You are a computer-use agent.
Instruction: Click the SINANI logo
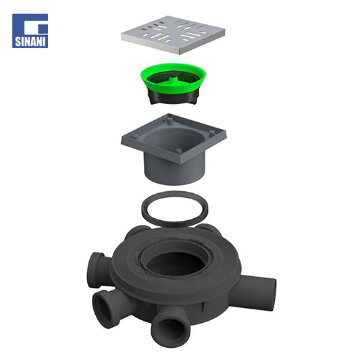[x=30, y=31]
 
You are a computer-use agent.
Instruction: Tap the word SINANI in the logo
[x=30, y=42]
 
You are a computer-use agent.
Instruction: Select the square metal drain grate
[x=173, y=34]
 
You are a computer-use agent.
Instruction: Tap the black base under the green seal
[x=173, y=97]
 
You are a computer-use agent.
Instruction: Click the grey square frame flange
[x=174, y=138]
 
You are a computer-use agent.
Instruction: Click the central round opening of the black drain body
[x=175, y=263]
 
